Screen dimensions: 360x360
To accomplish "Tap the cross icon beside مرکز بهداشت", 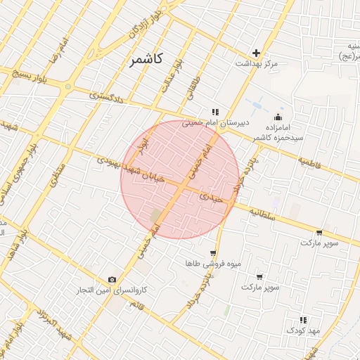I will (256, 53).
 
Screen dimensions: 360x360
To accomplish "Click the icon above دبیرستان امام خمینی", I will (215, 111).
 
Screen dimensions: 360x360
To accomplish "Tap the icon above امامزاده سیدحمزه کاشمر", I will (279, 117).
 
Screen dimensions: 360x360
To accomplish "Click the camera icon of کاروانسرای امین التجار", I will (112, 280).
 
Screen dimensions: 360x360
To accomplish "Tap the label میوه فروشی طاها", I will (213, 264).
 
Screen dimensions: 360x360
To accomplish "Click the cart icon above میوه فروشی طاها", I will (213, 253).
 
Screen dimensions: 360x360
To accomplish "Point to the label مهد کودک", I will (303, 330).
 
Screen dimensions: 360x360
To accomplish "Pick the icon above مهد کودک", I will (303, 319).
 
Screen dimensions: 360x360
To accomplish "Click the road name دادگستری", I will (107, 96).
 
